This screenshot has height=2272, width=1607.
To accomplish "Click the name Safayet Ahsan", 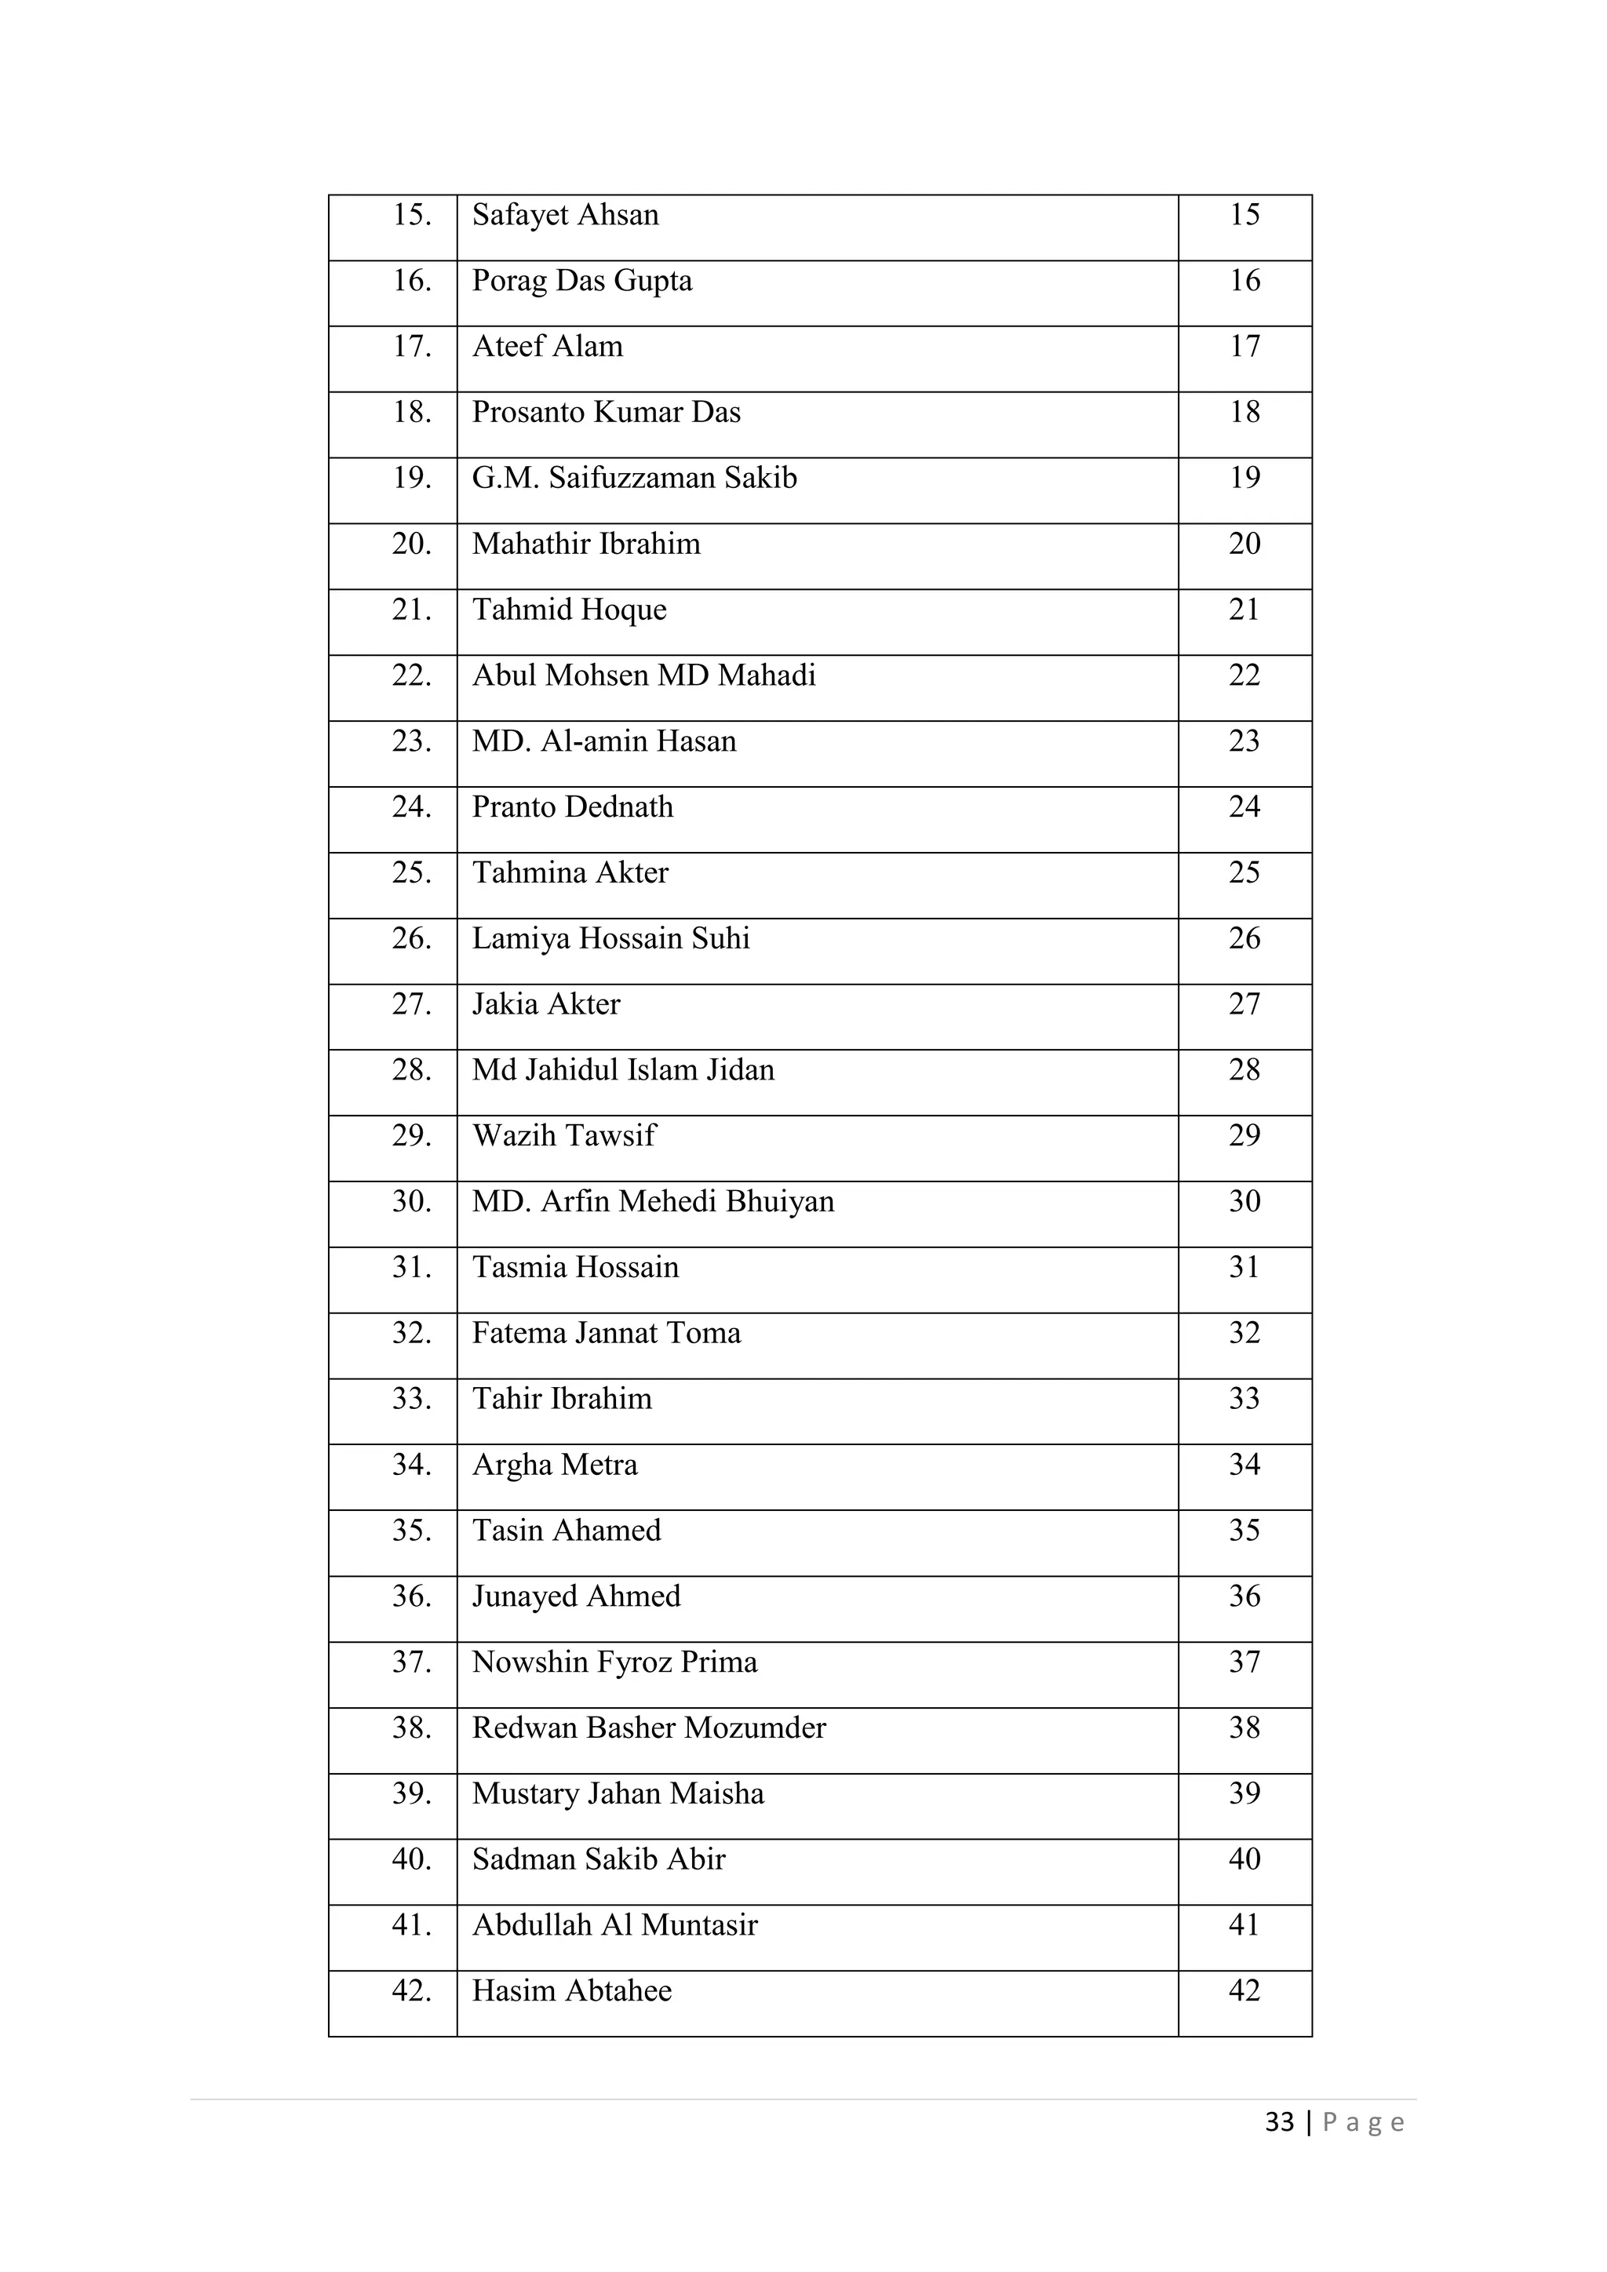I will coord(565,216).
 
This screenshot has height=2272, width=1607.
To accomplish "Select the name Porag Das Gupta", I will coord(582,282).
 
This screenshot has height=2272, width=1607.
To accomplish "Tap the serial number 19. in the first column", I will coord(412,478).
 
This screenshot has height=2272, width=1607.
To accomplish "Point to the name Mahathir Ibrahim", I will coord(586,544).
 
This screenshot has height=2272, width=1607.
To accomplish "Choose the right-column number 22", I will coord(1244,675).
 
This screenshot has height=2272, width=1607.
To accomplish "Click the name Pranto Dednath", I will coord(572,807).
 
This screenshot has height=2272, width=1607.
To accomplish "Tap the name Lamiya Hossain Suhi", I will coord(610,939).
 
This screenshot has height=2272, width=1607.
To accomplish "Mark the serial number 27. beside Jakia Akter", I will coord(412,1004).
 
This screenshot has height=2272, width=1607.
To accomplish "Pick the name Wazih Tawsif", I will coord(563,1136).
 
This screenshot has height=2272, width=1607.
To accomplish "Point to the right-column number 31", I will coord(1244,1268).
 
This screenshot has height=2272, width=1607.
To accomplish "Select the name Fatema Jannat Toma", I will coord(606,1334).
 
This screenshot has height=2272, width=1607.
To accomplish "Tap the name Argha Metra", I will coord(554,1466).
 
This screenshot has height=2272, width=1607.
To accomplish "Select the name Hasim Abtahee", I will coord(571,1992).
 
